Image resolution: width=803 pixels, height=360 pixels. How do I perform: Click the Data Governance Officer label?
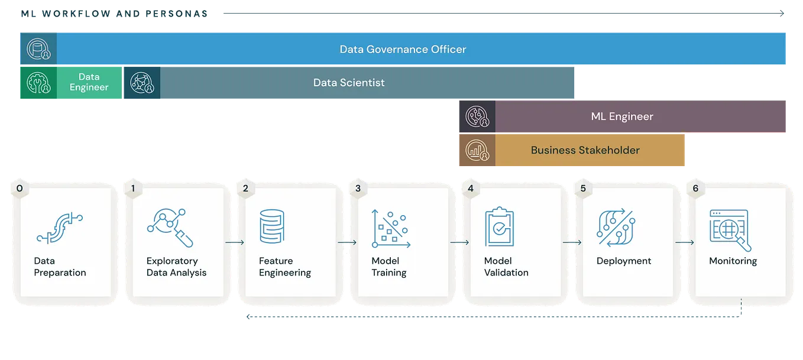[x=403, y=49]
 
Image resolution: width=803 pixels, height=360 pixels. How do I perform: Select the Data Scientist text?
[x=349, y=83]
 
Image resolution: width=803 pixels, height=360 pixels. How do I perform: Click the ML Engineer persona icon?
[x=477, y=116]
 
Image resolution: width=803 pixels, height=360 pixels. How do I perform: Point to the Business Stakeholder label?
[x=585, y=150]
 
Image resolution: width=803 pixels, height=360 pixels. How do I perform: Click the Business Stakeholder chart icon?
[x=477, y=150]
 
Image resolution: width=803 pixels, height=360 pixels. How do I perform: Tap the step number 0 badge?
[x=20, y=189]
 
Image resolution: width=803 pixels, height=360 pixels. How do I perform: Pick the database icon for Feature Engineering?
[x=272, y=226]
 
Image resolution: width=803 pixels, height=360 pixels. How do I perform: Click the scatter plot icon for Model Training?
[x=390, y=228]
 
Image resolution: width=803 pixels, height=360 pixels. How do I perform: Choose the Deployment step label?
[x=624, y=261]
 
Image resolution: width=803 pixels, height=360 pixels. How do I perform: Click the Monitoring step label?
[x=733, y=261]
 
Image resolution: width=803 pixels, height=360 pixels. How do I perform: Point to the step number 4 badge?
[x=470, y=189]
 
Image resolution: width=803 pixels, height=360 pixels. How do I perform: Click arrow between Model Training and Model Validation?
[x=459, y=242]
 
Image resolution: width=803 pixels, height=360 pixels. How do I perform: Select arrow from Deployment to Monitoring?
[x=685, y=242]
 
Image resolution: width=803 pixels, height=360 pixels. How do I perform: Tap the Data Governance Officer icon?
[x=38, y=49]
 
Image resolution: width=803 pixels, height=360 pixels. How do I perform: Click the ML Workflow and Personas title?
[x=114, y=14]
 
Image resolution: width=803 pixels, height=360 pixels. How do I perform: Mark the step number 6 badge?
[x=695, y=189]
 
